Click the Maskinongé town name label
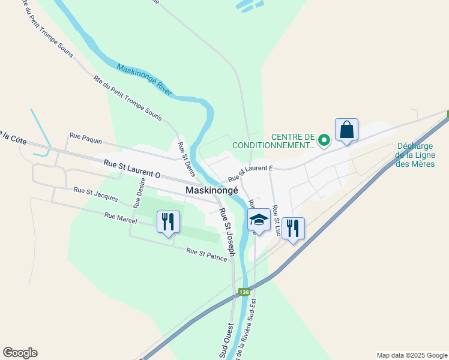[212, 190]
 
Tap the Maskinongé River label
[145, 80]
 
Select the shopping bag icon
[347, 130]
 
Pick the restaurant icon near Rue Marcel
[168, 221]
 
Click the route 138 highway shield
[244, 292]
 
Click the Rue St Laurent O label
[132, 168]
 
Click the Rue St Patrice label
[206, 254]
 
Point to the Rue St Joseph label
[227, 233]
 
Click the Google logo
[20, 353]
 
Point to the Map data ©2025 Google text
[411, 355]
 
